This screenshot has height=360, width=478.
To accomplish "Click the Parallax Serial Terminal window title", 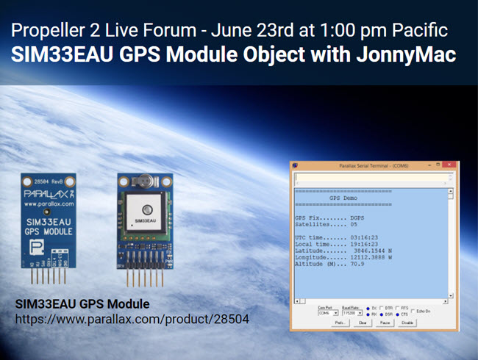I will pos(371,167).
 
